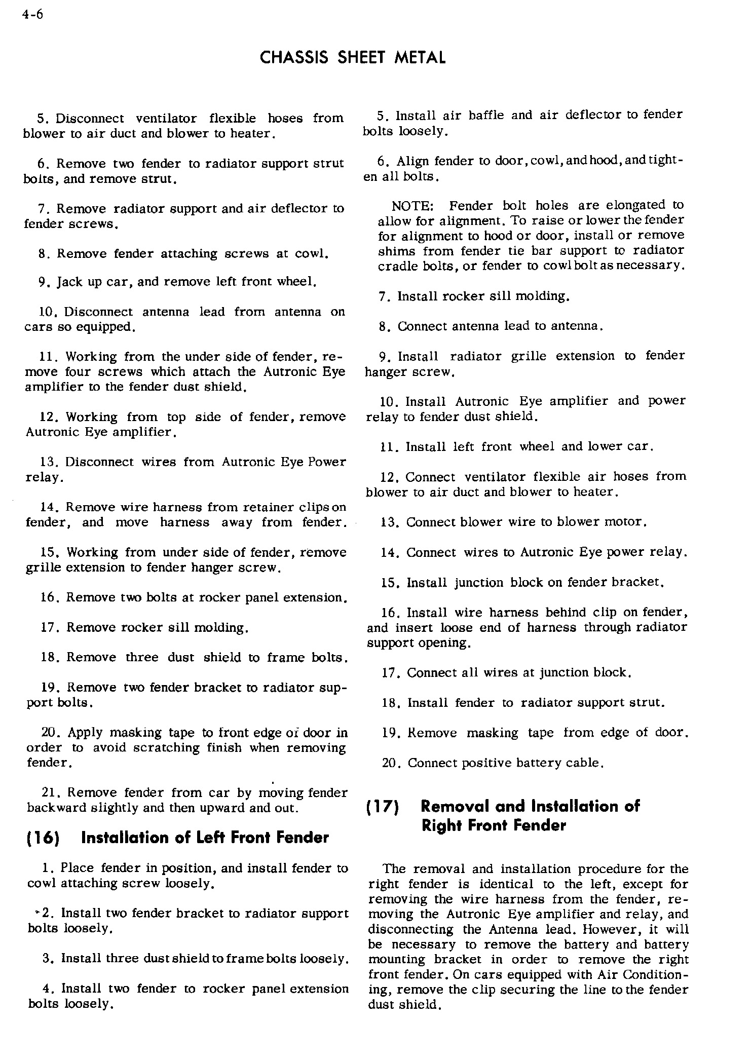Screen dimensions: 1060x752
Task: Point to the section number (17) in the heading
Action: tap(383, 807)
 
